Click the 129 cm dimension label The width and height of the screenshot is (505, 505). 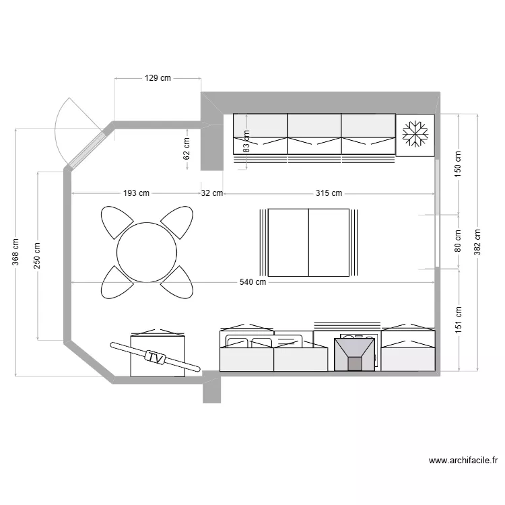pos(158,78)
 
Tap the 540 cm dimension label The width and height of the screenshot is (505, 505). pos(252,282)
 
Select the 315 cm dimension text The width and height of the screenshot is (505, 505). pos(329,194)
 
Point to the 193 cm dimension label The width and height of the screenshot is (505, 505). pos(136,194)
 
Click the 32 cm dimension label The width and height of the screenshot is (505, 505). pos(212,194)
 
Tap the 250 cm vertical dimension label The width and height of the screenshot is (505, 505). pos(38,255)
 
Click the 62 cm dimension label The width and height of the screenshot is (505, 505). pos(187,148)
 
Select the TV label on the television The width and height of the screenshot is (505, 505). pos(156,358)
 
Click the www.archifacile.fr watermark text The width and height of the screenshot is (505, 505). pos(463,461)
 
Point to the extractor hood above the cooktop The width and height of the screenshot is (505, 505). pos(355,353)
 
